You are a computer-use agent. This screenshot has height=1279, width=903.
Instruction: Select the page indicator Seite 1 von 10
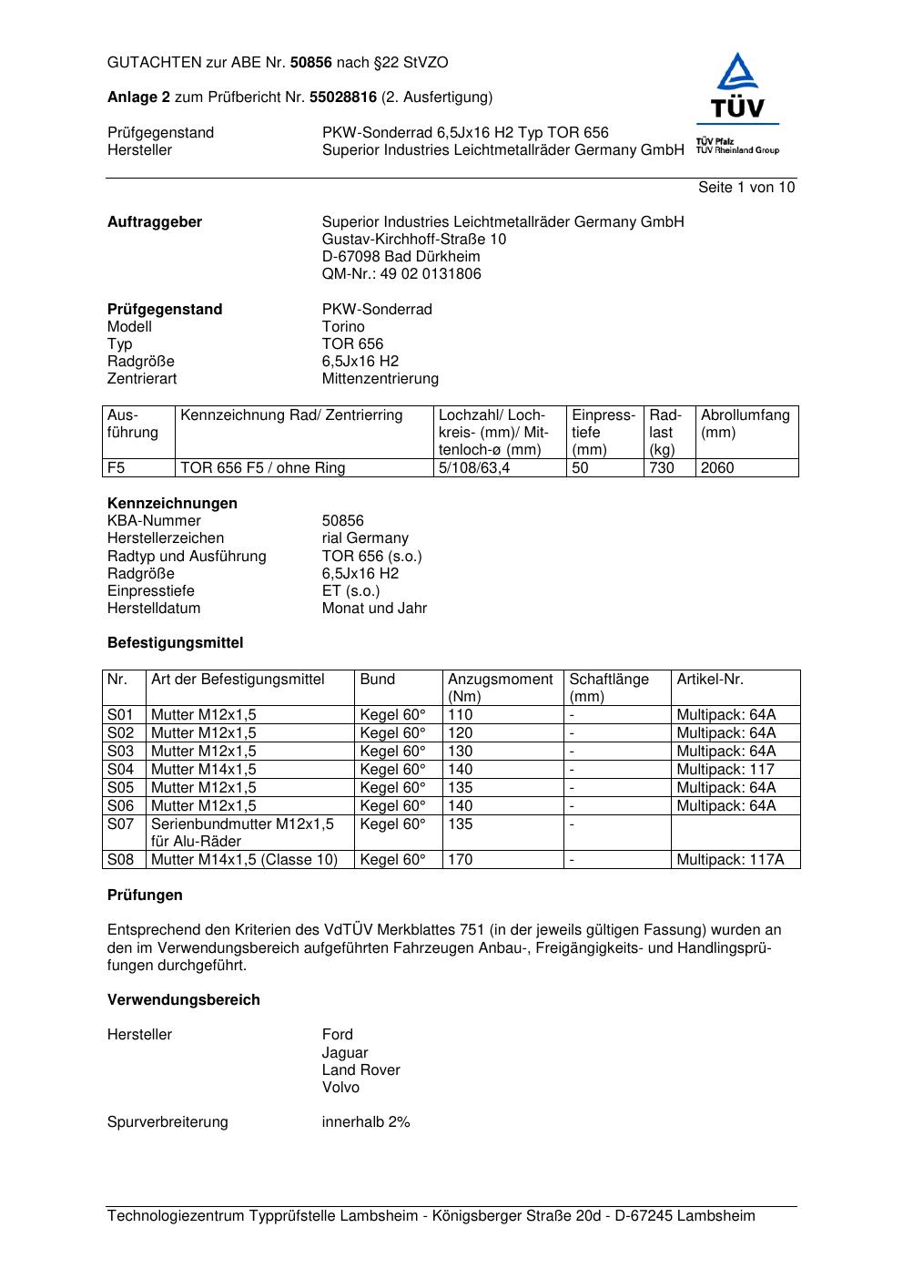point(746,188)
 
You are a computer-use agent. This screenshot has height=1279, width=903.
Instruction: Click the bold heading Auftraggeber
point(155,222)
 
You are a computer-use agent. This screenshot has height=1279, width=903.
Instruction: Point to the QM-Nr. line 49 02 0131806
point(401,274)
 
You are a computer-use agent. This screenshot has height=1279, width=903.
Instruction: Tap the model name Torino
point(343,327)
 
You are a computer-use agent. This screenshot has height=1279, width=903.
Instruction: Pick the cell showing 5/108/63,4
point(474,468)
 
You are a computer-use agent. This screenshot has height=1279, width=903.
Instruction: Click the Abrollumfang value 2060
point(717,468)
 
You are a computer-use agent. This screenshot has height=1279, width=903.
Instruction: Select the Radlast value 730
point(662,468)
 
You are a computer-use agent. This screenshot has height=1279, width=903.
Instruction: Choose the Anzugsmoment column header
point(500,680)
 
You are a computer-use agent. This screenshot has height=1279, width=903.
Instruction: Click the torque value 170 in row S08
point(461,860)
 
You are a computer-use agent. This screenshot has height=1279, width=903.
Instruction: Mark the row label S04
point(120,770)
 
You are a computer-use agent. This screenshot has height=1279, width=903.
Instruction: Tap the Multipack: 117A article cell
point(730,860)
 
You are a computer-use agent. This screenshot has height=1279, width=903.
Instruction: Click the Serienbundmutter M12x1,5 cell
point(242,824)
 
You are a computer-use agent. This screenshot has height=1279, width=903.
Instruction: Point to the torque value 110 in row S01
point(461,715)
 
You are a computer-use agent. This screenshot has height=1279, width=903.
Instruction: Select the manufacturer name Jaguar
point(345,1053)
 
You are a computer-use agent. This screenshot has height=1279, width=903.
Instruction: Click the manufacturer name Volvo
point(340,1088)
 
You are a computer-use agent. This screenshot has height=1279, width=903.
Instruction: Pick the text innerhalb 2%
point(366,1122)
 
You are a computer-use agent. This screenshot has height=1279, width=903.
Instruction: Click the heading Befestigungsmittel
point(176,643)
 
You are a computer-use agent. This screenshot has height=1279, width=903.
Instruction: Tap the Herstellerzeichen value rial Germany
point(365,538)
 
